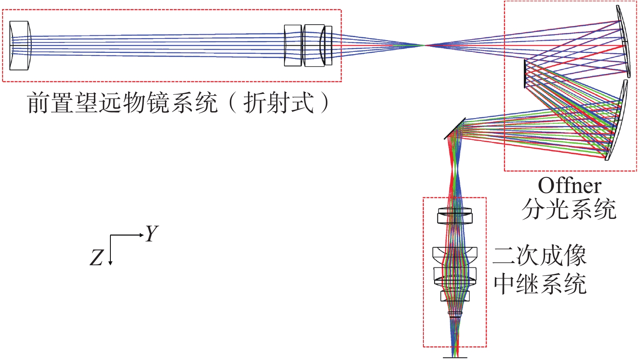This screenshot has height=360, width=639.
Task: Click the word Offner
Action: pos(569,186)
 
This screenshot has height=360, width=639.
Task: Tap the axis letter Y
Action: pos(152,234)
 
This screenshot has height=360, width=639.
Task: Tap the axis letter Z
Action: pos(96,258)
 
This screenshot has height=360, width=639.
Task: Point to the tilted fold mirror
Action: pos(455,128)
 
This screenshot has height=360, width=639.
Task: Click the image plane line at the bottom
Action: pos(455,357)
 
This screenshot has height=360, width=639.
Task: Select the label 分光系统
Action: pos(569,210)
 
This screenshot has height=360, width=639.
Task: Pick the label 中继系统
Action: pos(540,284)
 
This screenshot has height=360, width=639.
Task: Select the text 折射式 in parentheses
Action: pos(278,103)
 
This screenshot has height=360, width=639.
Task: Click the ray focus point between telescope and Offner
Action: pos(424,45)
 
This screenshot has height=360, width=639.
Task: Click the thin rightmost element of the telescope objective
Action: pos(329,45)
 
